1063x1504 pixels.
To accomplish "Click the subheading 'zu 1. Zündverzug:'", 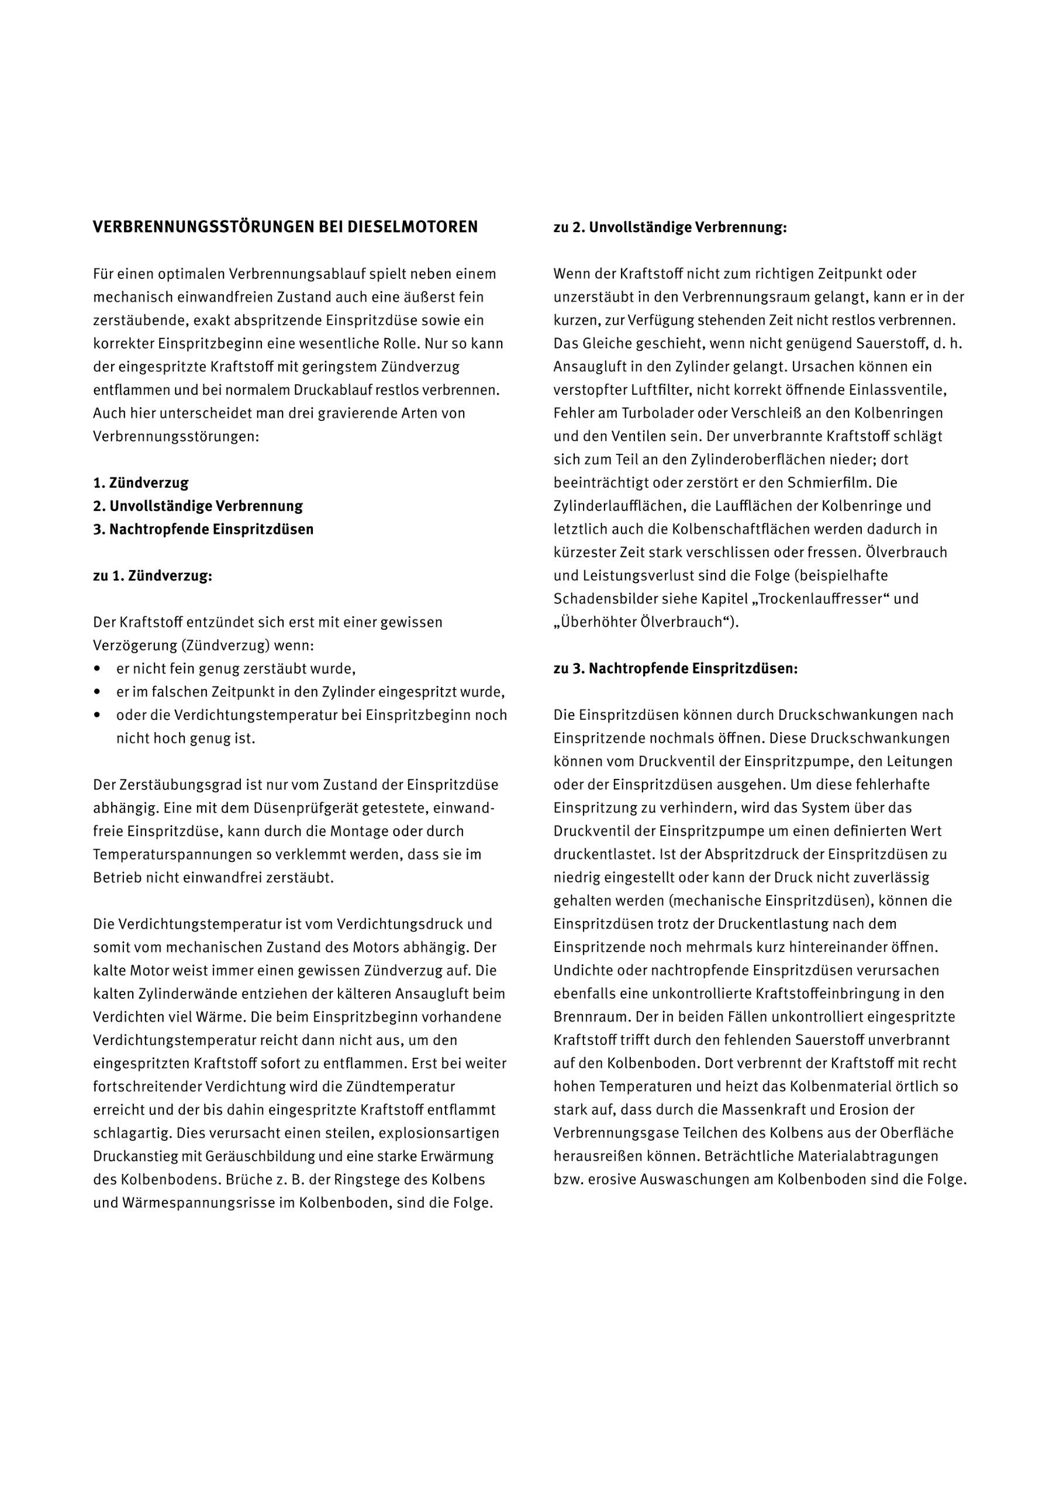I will click(153, 577).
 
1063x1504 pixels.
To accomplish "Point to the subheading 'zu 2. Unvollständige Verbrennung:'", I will click(669, 228).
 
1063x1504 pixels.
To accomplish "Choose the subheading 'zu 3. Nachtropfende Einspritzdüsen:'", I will click(675, 669).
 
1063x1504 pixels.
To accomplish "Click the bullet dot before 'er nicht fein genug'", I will click(98, 669).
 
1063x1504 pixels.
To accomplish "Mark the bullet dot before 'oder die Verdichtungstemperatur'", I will click(98, 715).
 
